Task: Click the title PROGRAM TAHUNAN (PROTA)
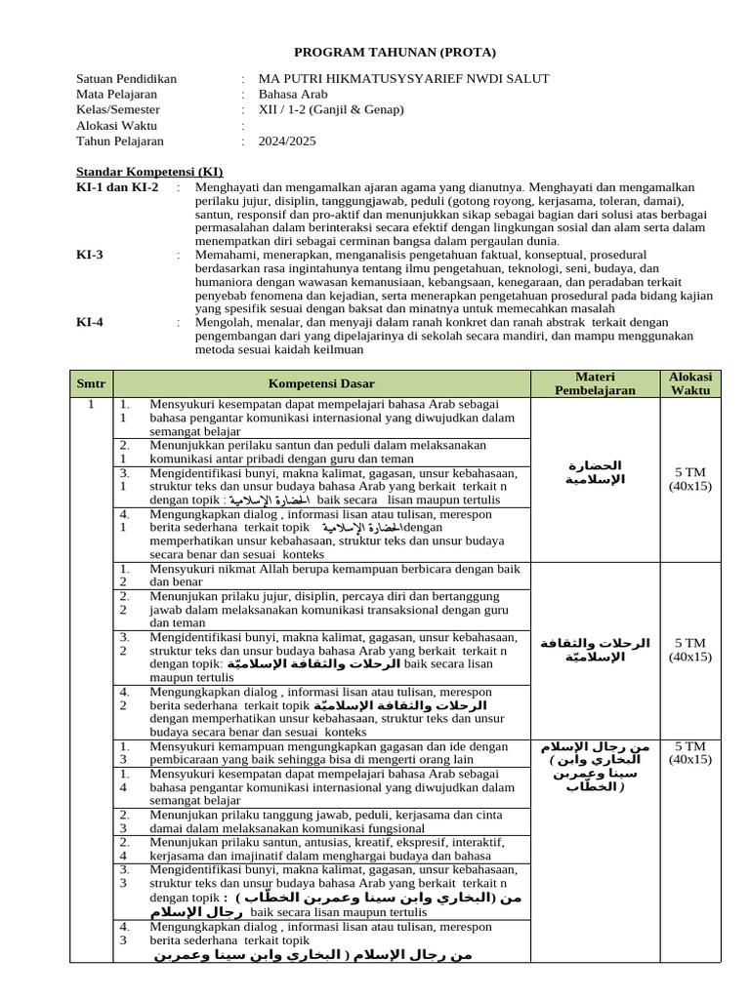(x=396, y=52)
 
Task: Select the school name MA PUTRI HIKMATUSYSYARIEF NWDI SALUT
(x=403, y=79)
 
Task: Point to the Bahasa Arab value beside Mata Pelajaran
(x=293, y=95)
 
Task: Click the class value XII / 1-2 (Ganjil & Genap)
(x=330, y=110)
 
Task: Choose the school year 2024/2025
(x=287, y=141)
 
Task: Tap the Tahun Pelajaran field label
(x=119, y=141)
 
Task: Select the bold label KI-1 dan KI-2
(x=117, y=186)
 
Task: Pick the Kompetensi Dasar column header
(x=321, y=383)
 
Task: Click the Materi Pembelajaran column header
(x=595, y=383)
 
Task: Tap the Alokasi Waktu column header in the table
(x=690, y=383)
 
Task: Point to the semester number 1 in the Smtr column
(x=91, y=404)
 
